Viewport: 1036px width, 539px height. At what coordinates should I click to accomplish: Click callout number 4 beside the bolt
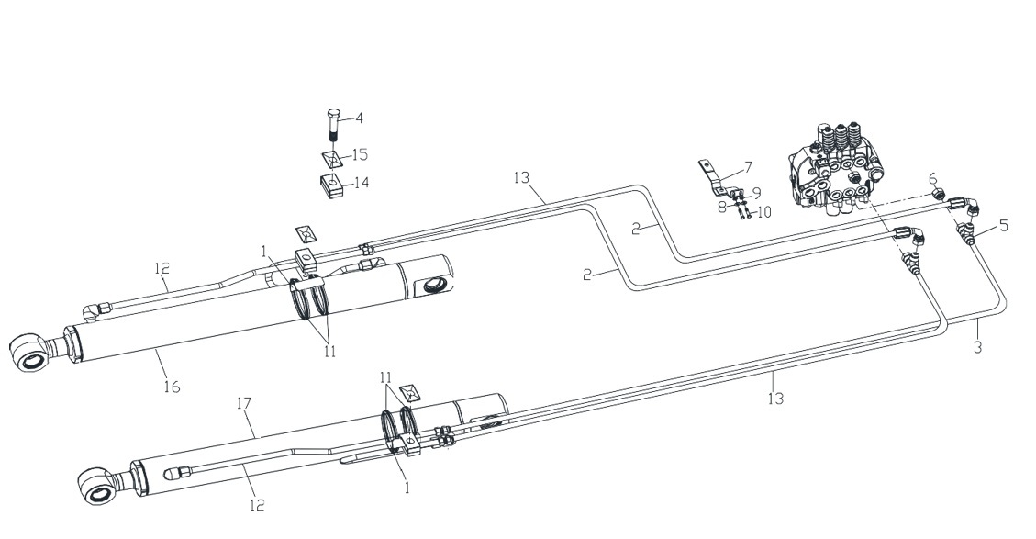click(359, 118)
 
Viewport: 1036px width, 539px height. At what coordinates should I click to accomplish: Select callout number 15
click(360, 155)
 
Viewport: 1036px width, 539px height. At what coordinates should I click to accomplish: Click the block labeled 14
click(332, 185)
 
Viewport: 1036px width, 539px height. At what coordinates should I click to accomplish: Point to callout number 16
click(172, 387)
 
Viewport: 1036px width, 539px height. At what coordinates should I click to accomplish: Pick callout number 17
click(244, 403)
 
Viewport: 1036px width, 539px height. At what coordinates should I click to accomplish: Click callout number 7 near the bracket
click(748, 167)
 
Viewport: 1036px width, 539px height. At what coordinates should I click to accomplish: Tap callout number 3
click(978, 346)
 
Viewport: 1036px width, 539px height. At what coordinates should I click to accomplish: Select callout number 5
click(1004, 226)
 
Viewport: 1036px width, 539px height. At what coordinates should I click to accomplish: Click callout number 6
click(933, 178)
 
